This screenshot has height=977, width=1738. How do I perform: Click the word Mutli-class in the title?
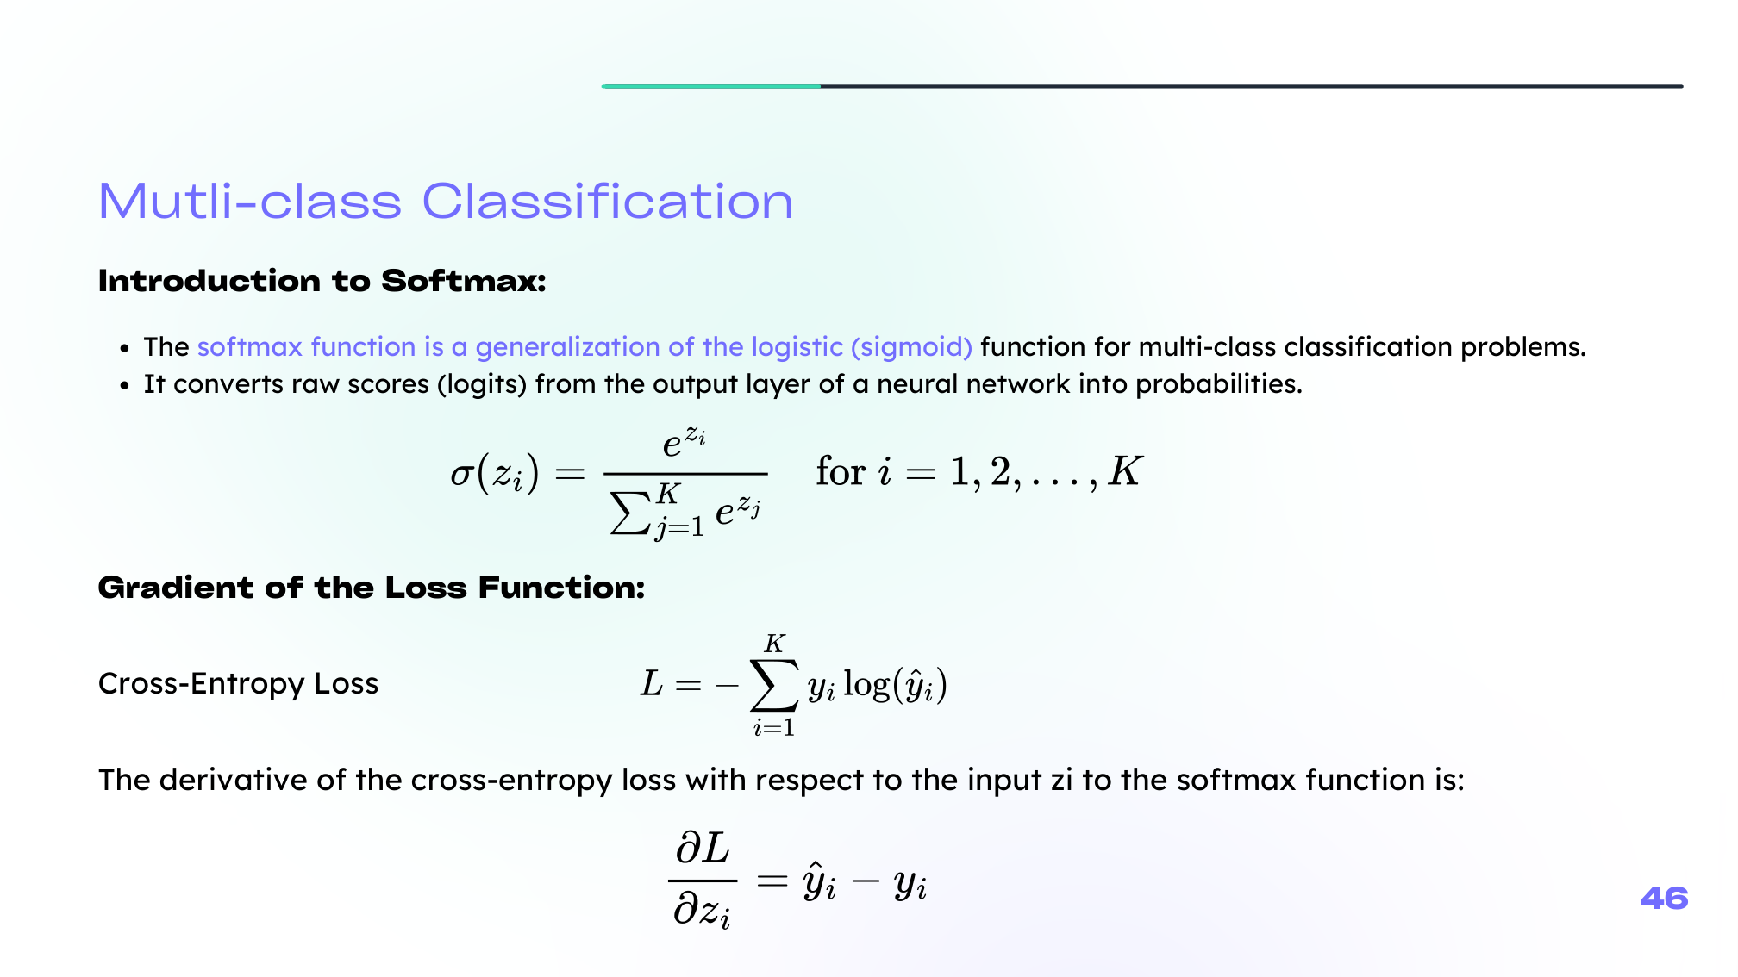click(250, 202)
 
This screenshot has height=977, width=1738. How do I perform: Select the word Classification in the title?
click(607, 202)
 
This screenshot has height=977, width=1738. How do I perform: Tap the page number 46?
click(1664, 899)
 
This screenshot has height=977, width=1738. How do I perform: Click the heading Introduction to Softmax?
click(322, 281)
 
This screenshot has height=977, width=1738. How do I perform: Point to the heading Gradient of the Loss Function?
click(372, 588)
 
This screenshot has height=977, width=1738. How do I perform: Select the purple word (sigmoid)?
click(912, 347)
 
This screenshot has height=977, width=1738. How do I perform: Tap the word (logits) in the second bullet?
click(482, 384)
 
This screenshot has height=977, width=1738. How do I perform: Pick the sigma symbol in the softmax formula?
click(462, 475)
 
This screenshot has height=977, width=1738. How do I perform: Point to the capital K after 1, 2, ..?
click(1126, 471)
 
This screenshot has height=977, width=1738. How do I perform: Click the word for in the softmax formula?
click(841, 471)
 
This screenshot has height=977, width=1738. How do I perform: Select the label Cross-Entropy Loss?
click(239, 683)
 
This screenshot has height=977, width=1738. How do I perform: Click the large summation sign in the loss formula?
click(774, 685)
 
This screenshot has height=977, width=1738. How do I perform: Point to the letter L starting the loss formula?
click(652, 684)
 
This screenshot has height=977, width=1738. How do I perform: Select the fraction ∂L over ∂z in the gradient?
click(703, 881)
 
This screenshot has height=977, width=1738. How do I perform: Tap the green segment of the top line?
click(711, 86)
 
